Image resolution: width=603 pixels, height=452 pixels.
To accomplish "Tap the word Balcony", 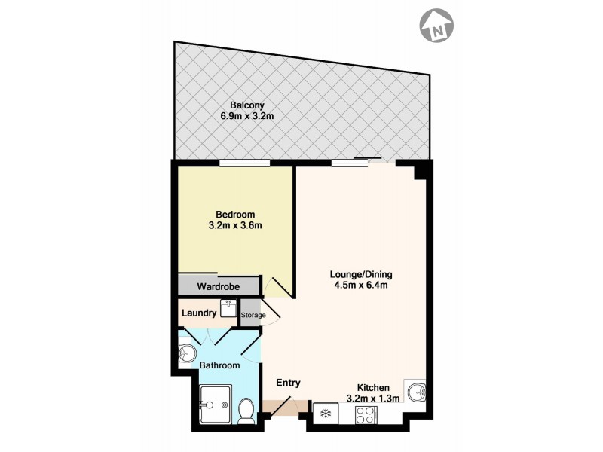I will coord(248,105).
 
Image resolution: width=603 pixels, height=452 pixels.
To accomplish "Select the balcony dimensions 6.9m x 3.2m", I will coord(248,116).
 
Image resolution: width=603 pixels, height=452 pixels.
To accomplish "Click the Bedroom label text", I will coord(236,213).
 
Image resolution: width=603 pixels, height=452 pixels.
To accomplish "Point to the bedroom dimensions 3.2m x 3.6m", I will coord(236,224).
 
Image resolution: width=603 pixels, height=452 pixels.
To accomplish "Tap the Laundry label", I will coord(199,313).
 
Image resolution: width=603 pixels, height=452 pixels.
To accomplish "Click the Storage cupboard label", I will coord(253,315).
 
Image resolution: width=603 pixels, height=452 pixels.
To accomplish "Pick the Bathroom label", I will coord(219,365).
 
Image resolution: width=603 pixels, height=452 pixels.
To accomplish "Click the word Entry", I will coord(288,383).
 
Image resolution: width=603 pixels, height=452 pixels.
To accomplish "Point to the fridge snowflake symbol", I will coord(326,414).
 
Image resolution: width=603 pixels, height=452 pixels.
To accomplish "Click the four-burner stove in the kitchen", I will coord(365,414).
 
